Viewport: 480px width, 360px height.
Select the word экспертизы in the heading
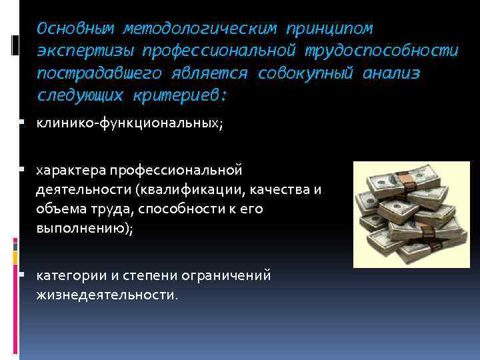click(x=79, y=51)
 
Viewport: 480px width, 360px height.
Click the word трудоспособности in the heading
click(x=382, y=51)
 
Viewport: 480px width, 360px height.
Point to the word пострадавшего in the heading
click(x=93, y=73)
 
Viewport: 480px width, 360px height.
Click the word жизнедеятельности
click(x=107, y=295)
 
